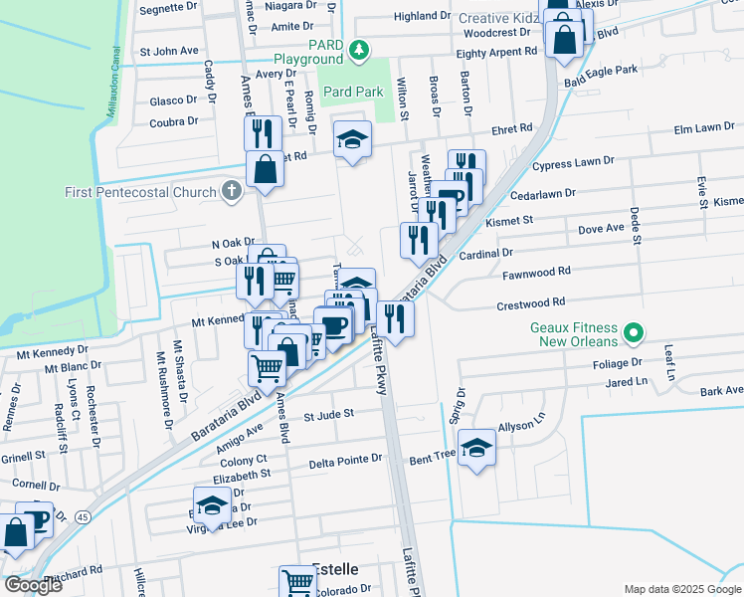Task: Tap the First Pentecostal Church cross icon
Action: [x=232, y=192]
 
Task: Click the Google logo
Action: [x=32, y=584]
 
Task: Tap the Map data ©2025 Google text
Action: [x=681, y=589]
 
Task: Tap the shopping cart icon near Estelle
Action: [x=297, y=580]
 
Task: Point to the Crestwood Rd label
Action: [x=533, y=301]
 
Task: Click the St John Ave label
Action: [x=169, y=51]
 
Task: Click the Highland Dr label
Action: [x=422, y=16]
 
